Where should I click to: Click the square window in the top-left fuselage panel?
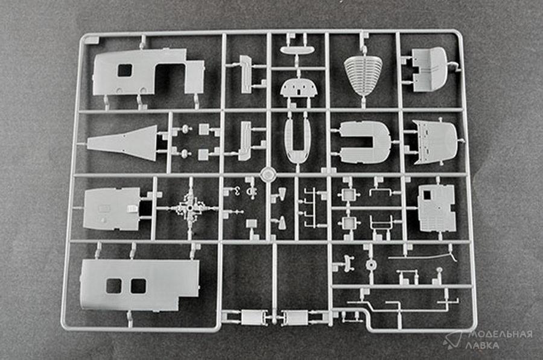[x=125, y=71]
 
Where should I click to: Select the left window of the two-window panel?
[x=113, y=286]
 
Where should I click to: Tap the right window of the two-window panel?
[x=138, y=286]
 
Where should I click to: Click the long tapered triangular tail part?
[x=122, y=142]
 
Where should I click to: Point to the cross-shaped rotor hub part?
[x=190, y=209]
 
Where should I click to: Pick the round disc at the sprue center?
[x=268, y=174]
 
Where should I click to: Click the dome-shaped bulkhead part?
[x=298, y=87]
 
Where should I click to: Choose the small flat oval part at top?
[x=297, y=50]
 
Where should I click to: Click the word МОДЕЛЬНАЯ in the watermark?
[x=500, y=335]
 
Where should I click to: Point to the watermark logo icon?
[x=453, y=339]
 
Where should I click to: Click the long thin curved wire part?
[x=422, y=256]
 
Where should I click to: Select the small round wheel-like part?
[x=371, y=265]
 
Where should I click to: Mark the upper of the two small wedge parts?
[x=282, y=194]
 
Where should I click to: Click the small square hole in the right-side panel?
[x=427, y=195]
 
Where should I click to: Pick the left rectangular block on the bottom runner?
[x=252, y=317]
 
